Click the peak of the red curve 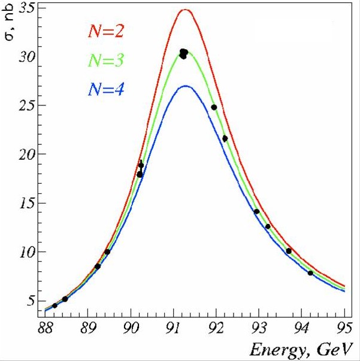click(x=185, y=10)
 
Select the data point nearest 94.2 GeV click(x=310, y=273)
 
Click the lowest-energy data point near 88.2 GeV click(x=55, y=305)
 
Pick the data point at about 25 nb click(x=214, y=107)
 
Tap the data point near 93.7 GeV click(x=289, y=251)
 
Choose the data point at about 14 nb click(x=256, y=211)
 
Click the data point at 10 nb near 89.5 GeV click(x=107, y=251)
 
